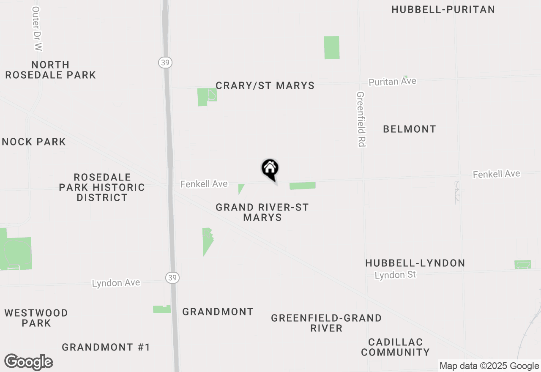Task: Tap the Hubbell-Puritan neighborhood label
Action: tap(443, 9)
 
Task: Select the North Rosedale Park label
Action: tap(50, 70)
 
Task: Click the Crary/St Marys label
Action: tap(265, 85)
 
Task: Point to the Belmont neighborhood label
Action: tap(409, 129)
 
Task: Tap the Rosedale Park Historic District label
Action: tap(102, 187)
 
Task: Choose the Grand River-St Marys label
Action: tap(262, 212)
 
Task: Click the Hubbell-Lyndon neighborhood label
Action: tap(415, 263)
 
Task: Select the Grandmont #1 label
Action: tap(106, 347)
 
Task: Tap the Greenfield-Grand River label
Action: tap(326, 323)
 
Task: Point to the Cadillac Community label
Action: tap(395, 347)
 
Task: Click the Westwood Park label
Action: tap(36, 318)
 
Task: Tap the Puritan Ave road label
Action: tap(392, 82)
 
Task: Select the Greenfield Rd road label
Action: tap(361, 119)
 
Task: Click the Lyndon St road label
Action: tap(395, 275)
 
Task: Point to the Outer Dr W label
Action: tap(37, 29)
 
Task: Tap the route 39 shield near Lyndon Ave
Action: tap(172, 277)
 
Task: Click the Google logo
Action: tap(29, 362)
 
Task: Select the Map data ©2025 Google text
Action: tap(489, 366)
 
